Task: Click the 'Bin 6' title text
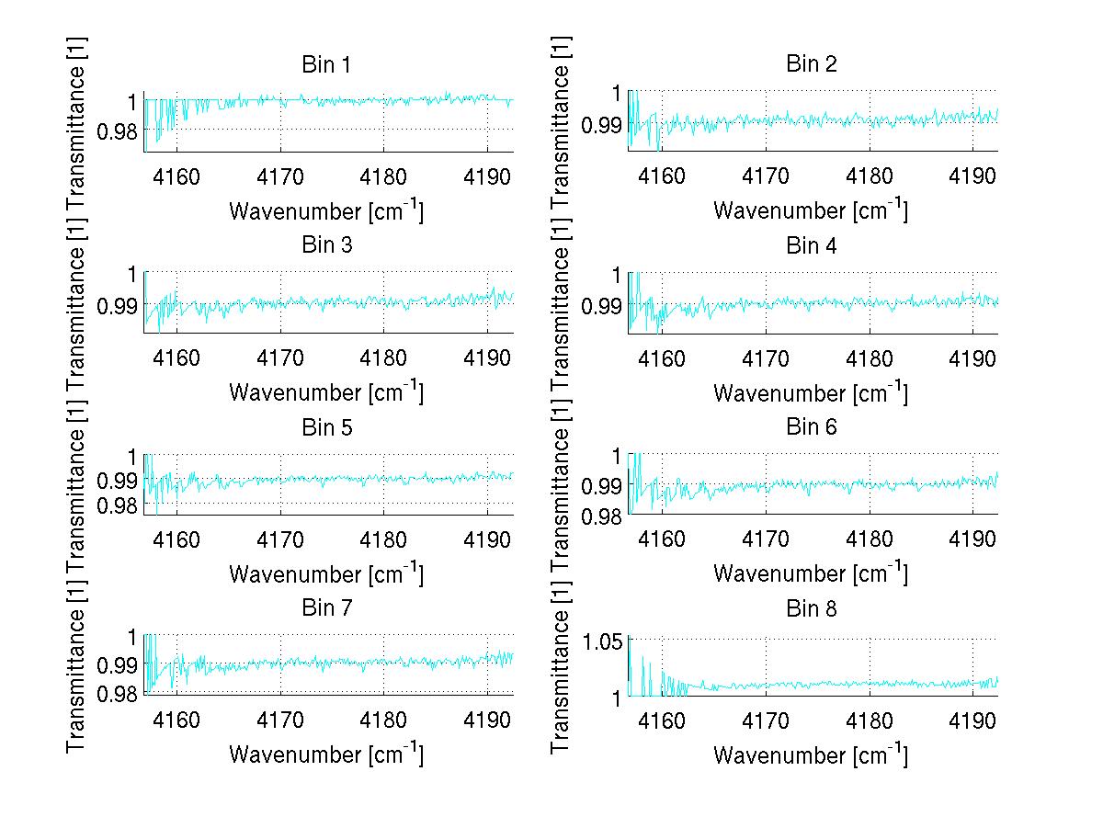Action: [x=811, y=427]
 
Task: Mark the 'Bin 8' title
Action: [x=811, y=608]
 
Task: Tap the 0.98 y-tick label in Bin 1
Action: [x=117, y=130]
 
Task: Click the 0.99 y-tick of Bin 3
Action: [x=117, y=305]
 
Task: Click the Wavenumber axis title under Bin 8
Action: [x=811, y=754]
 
